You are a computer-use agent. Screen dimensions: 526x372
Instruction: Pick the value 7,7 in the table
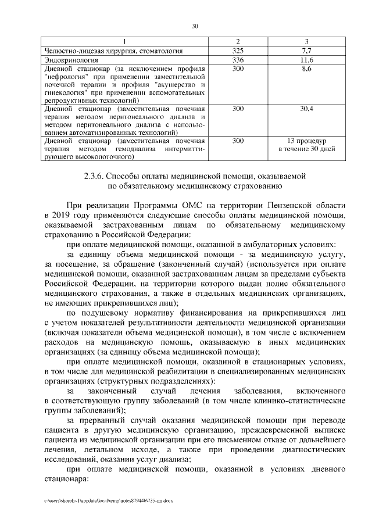click(306, 51)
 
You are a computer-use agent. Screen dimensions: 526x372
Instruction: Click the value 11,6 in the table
click(306, 60)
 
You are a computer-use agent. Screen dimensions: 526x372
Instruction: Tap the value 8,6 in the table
click(306, 69)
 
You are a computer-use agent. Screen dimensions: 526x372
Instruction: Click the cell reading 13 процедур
click(306, 141)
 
